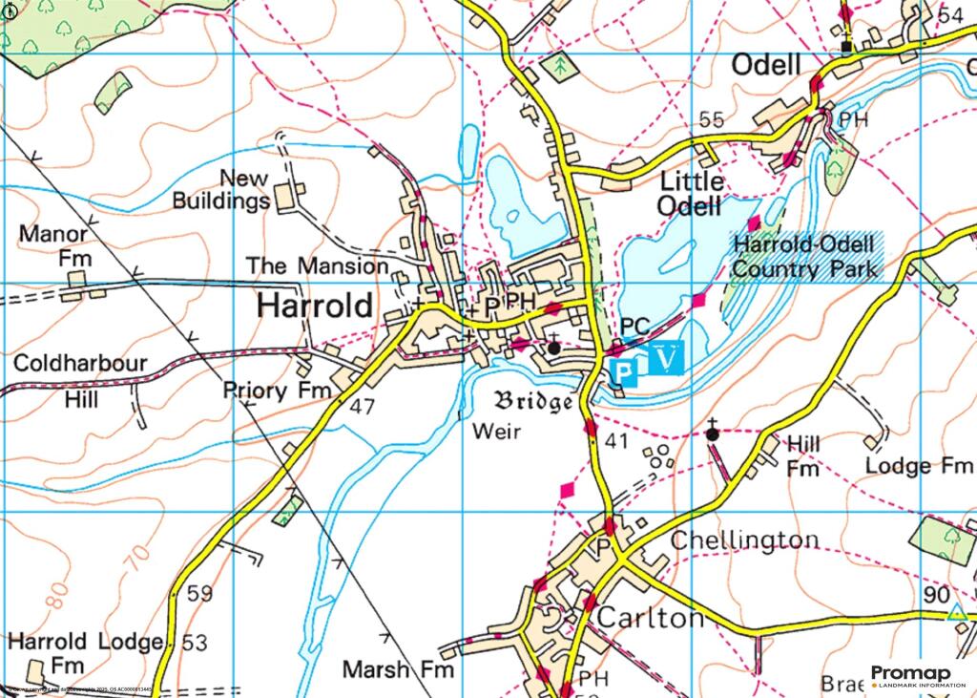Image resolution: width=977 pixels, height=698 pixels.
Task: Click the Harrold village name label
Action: (x=315, y=307)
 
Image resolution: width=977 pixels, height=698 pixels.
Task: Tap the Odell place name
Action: (x=765, y=65)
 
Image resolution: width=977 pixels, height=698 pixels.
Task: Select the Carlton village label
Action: (x=650, y=618)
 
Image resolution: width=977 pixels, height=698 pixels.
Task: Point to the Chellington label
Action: (x=744, y=540)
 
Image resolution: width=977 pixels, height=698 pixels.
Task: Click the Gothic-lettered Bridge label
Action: (x=533, y=400)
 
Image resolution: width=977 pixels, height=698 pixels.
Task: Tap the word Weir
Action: (x=497, y=433)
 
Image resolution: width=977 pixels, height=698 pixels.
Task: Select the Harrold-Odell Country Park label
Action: (x=805, y=257)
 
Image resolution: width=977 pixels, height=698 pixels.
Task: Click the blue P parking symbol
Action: (x=621, y=370)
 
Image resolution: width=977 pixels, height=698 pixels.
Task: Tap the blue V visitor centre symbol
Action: (x=670, y=358)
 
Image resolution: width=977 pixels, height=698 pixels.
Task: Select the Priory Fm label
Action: (x=277, y=391)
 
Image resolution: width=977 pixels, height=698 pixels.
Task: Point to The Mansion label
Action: (x=317, y=264)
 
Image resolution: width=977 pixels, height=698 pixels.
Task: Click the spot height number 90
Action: (x=936, y=594)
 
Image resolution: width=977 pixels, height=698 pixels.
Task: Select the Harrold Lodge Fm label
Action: (x=86, y=652)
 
